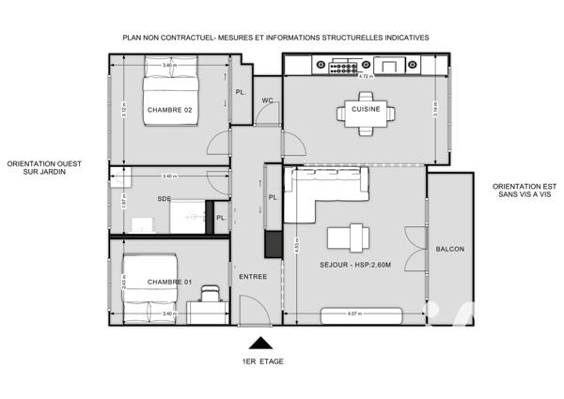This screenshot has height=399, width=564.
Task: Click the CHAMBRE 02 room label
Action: tap(169, 111)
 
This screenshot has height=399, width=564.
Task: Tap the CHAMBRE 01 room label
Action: tap(169, 282)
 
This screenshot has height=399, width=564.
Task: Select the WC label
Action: tap(267, 100)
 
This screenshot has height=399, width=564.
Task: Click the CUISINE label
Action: tap(366, 110)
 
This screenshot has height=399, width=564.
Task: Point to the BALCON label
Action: tap(449, 249)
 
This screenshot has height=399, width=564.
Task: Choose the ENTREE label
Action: tap(253, 276)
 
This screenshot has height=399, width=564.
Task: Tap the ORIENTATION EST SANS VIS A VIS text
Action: tap(518, 192)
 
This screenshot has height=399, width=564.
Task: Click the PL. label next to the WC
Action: tap(241, 92)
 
